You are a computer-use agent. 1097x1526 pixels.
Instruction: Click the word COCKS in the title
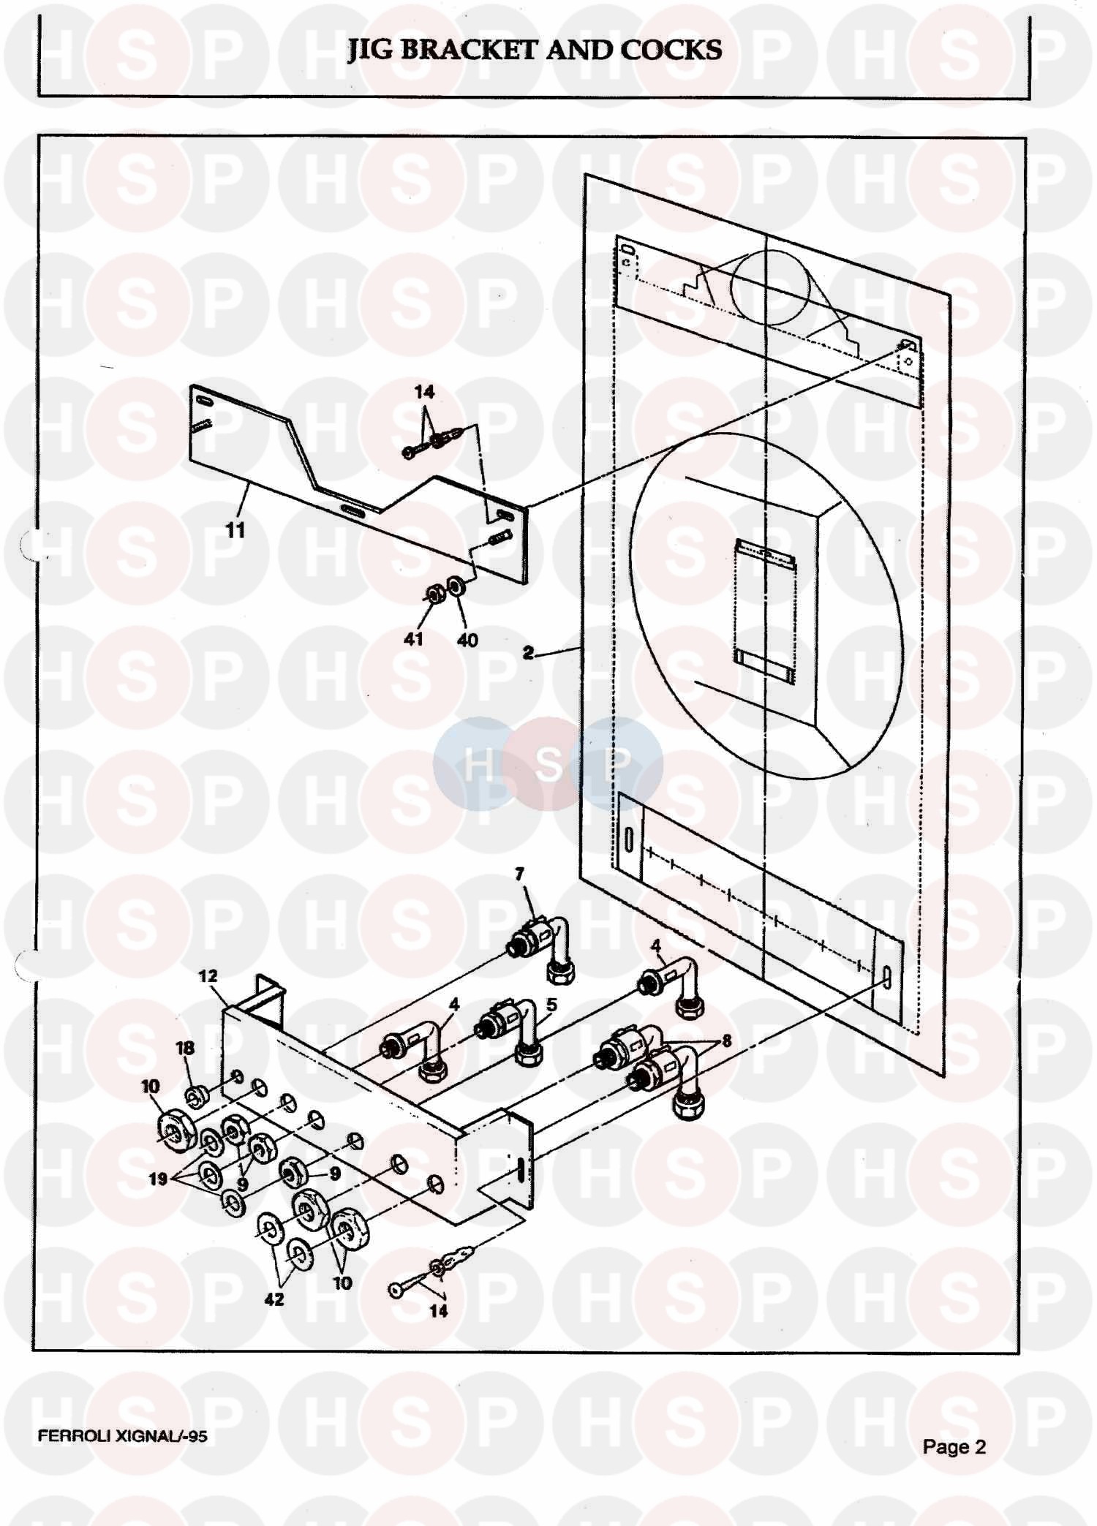(x=671, y=50)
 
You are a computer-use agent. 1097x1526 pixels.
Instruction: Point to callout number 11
(x=235, y=529)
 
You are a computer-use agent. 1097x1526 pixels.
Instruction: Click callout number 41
(x=414, y=639)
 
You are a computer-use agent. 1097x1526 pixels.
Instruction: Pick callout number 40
(x=467, y=641)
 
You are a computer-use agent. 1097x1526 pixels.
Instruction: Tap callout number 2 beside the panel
(x=528, y=653)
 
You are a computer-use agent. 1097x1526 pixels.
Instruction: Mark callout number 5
(x=551, y=1005)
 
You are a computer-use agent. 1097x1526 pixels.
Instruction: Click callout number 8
(x=726, y=1040)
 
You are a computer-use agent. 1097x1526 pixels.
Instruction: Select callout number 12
(x=208, y=975)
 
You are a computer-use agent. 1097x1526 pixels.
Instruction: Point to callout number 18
(x=185, y=1048)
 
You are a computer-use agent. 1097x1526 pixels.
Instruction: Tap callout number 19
(x=159, y=1178)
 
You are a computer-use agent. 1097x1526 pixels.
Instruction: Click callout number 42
(x=274, y=1299)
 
